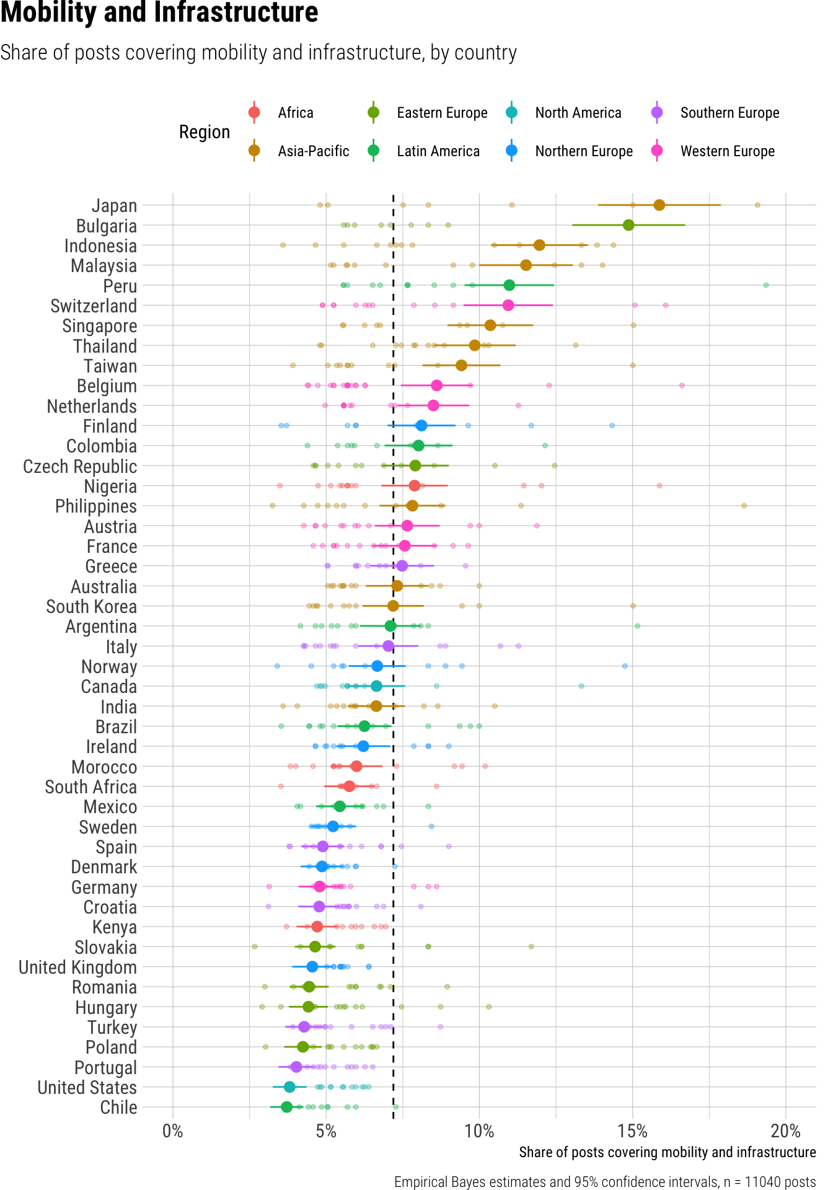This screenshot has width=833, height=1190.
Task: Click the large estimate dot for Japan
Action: [659, 205]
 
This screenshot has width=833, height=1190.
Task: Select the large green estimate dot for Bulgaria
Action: [628, 225]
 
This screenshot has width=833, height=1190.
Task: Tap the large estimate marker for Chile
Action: [286, 1107]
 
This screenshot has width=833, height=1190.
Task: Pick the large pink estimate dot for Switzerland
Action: [508, 305]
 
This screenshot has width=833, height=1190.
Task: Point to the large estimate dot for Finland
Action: [421, 425]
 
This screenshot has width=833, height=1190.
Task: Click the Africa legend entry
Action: [295, 113]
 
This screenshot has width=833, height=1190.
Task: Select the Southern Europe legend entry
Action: [729, 113]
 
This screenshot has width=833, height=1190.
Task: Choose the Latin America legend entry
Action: [438, 151]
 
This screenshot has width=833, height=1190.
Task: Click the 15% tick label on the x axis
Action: [632, 1131]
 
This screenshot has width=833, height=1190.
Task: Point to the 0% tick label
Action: [172, 1131]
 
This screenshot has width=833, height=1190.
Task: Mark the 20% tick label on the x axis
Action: [785, 1131]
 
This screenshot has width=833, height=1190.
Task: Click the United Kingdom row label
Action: [77, 967]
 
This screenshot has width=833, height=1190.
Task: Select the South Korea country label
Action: [91, 607]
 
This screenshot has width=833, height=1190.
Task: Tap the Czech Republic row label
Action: [80, 467]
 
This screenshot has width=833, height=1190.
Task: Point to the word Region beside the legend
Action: [205, 132]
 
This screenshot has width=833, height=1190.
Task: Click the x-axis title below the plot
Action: [667, 1152]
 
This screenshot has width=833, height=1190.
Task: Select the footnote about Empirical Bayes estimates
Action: [605, 1182]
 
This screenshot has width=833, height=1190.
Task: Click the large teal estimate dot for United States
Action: [289, 1087]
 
